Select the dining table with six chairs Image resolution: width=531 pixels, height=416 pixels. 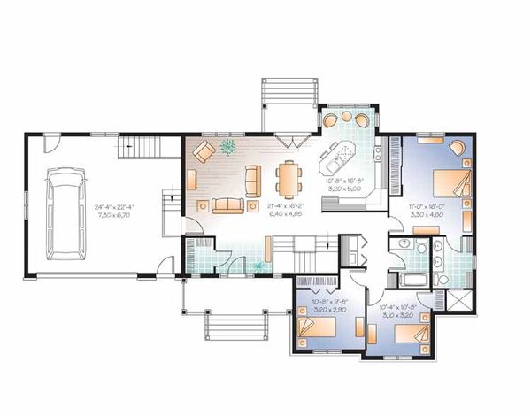(289, 180)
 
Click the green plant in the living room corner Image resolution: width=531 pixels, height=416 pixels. (228, 145)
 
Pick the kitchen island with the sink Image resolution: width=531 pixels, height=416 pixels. (337, 160)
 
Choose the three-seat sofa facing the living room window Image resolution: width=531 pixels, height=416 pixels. (227, 206)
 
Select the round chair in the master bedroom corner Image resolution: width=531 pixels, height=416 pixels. (459, 147)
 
